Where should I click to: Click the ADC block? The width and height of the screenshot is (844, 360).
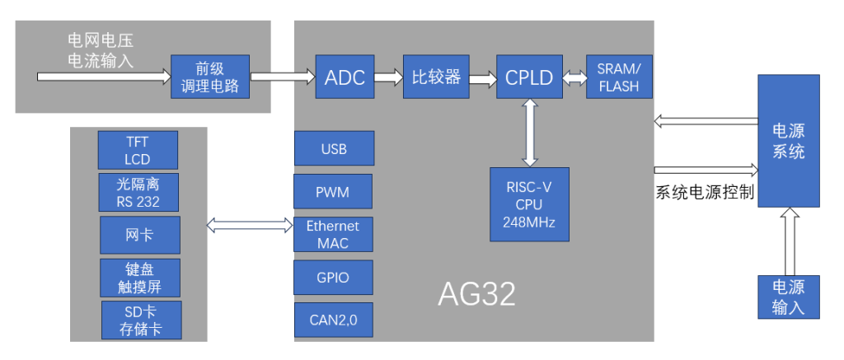coord(345,77)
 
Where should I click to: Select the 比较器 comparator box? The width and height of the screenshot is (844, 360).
coord(436,77)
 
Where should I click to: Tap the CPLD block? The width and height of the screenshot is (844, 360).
coord(530,77)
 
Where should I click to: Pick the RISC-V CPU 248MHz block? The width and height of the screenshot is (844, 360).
coord(530,204)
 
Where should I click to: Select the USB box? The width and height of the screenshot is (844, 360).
coord(335,148)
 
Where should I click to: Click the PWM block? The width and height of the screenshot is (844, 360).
coord(333,191)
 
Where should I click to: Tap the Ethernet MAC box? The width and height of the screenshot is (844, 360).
coord(333,234)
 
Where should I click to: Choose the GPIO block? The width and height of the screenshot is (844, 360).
coord(333,278)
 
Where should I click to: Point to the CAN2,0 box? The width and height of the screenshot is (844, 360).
coord(334,320)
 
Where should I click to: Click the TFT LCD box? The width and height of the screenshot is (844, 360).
coord(138,150)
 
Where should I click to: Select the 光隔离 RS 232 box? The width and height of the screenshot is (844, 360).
coord(138,193)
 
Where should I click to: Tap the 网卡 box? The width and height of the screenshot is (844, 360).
coord(140,235)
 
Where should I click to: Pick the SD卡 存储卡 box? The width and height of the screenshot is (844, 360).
coord(142,320)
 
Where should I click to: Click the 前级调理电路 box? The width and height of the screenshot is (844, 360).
coord(210,77)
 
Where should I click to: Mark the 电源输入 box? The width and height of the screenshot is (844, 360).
coord(789,297)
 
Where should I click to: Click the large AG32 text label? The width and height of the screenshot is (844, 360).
coord(477,293)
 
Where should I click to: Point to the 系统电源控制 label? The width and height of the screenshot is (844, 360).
coord(705,192)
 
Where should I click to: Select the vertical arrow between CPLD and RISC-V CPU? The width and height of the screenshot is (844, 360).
coord(530,133)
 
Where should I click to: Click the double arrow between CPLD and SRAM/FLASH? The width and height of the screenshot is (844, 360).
coord(574,77)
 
